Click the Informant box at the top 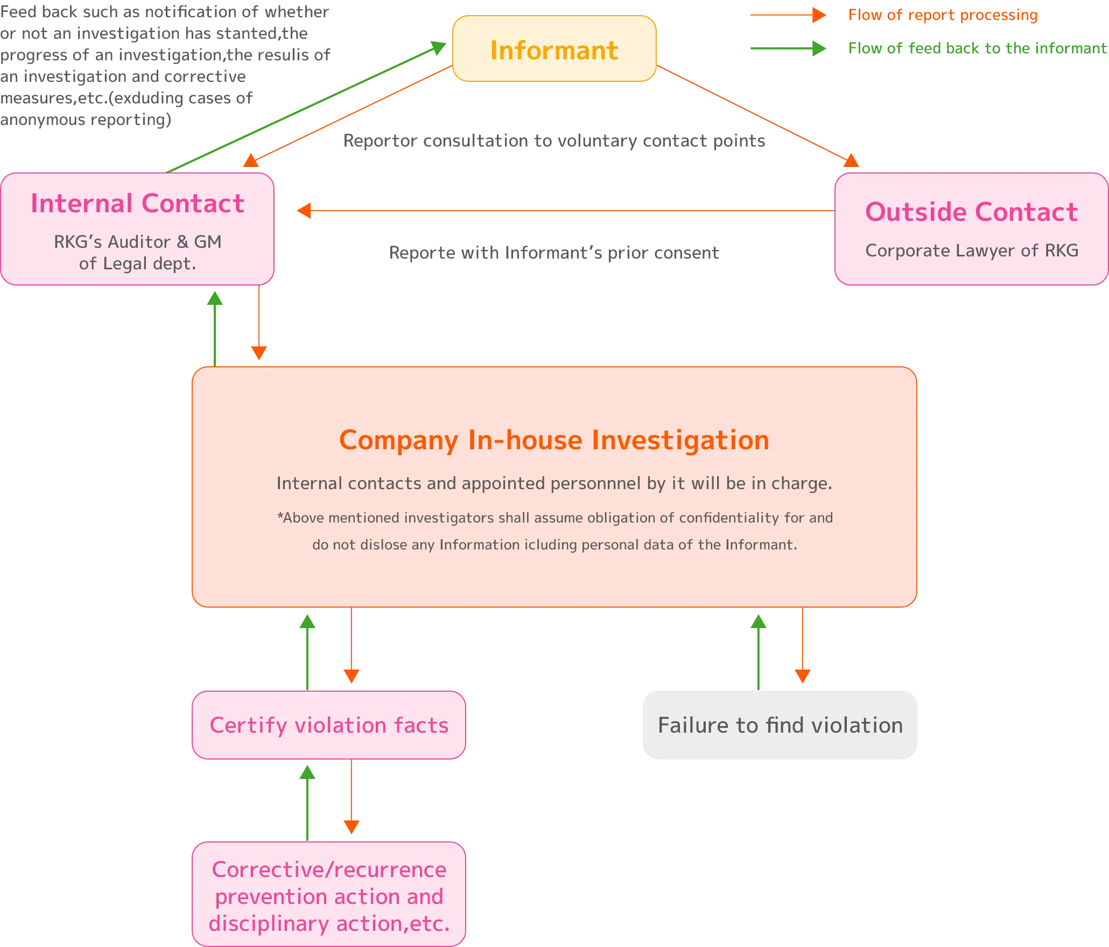(x=554, y=49)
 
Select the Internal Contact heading (x=137, y=204)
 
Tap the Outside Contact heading (x=971, y=212)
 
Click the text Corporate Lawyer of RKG (x=972, y=250)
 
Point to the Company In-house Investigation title (x=554, y=440)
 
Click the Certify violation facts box (x=328, y=725)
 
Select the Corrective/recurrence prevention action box (x=328, y=896)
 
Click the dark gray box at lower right (x=780, y=725)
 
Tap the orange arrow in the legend (x=788, y=15)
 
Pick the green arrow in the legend (x=788, y=48)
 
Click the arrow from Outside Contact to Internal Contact (x=565, y=210)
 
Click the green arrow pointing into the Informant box (x=307, y=107)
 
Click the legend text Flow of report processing (x=943, y=15)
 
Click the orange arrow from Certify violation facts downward (x=351, y=797)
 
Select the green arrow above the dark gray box (x=758, y=652)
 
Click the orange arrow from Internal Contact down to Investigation (x=259, y=323)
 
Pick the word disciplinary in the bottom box (x=269, y=924)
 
